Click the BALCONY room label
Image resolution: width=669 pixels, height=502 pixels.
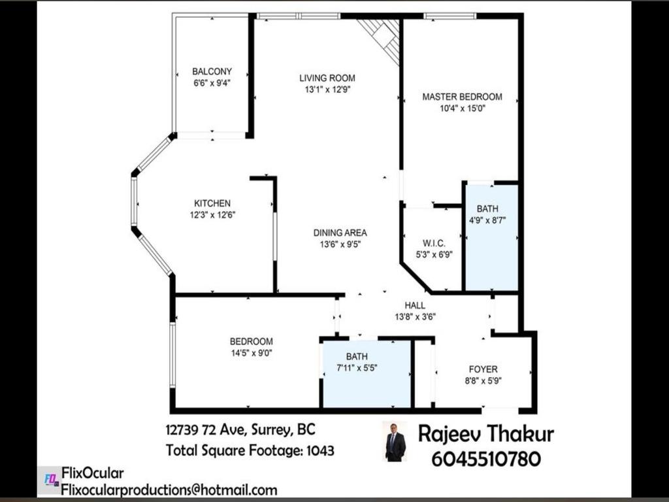pos(212,71)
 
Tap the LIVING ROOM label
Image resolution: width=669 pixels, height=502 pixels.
pos(327,78)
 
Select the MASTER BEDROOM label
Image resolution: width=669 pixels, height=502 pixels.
pos(462,97)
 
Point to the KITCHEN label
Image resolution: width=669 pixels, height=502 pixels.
pos(212,203)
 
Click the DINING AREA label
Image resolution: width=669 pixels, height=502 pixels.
pos(340,232)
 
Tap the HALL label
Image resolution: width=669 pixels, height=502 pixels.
pos(415,305)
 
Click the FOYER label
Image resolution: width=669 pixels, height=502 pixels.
pos(483,369)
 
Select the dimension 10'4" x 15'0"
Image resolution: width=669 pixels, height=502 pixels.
pos(462,109)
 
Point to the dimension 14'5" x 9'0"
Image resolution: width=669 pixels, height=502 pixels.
pos(251,353)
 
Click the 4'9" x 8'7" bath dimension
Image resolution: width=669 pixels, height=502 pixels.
pos(487,220)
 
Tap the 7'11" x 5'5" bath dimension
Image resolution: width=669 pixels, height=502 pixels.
pos(357,368)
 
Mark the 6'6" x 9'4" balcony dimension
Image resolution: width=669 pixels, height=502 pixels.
pos(212,83)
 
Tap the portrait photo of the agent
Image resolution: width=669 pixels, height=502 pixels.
pos(395,442)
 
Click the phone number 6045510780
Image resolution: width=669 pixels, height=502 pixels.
pos(486,460)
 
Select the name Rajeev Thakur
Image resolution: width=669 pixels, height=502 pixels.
pos(486,433)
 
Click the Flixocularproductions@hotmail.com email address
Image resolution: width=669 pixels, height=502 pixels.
pos(169,490)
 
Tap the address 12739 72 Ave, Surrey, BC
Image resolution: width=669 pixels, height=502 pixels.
pos(240,430)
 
